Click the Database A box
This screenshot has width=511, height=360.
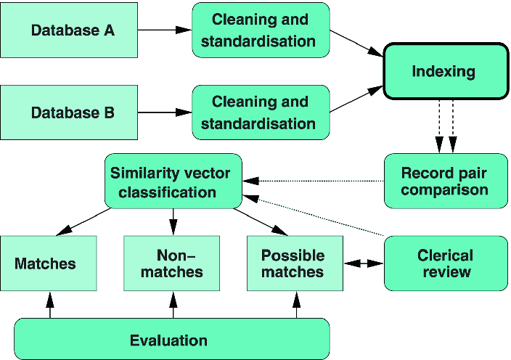pyautogui.click(x=70, y=30)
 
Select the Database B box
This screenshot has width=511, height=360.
pyautogui.click(x=70, y=112)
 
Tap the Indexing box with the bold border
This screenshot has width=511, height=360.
pyautogui.click(x=443, y=71)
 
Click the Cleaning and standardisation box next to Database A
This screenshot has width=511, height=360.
pyautogui.click(x=261, y=30)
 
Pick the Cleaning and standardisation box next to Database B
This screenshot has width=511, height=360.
pyautogui.click(x=261, y=112)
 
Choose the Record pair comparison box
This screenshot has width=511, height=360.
pyautogui.click(x=444, y=181)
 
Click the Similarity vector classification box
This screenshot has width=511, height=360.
pyautogui.click(x=172, y=182)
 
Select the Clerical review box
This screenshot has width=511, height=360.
pyautogui.click(x=444, y=264)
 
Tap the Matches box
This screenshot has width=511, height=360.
pyautogui.click(x=48, y=264)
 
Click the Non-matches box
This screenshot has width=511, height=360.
pyautogui.click(x=172, y=264)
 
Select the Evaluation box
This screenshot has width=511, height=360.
pyautogui.click(x=172, y=340)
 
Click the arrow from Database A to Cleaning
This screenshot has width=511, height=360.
pyautogui.click(x=165, y=30)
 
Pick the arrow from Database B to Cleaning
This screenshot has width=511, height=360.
pyautogui.click(x=165, y=112)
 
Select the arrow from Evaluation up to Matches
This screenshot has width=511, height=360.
pyautogui.click(x=50, y=305)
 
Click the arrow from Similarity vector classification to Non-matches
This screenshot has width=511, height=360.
pyautogui.click(x=173, y=221)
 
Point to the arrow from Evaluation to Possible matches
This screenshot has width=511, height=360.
pyautogui.click(x=296, y=305)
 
